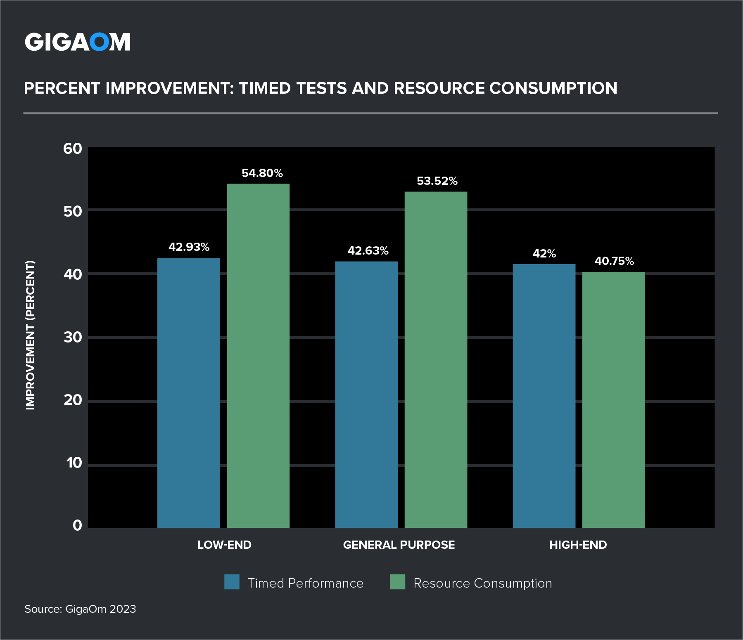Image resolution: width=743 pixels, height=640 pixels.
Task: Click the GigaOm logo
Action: [x=78, y=42]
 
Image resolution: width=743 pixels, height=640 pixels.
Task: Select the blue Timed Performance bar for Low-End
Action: [x=189, y=392]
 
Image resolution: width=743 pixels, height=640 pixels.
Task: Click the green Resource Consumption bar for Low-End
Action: [x=258, y=355]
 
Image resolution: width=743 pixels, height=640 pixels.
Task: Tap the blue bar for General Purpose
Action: [x=366, y=394]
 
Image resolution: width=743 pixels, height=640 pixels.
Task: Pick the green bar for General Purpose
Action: [x=436, y=359]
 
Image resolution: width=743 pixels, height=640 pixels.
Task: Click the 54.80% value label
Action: [x=262, y=173]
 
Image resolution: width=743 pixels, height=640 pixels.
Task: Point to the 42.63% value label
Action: [x=368, y=250]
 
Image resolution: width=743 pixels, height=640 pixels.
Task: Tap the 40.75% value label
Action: [x=614, y=261]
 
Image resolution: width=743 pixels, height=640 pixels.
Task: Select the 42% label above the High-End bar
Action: [x=544, y=253]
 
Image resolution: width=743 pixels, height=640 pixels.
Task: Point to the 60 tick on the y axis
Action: [x=73, y=149]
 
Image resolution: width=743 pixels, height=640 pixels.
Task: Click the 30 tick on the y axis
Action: [x=73, y=337]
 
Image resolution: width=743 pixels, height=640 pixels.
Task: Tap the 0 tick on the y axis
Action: [x=77, y=525]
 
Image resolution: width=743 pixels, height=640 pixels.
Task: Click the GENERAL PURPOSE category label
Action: [x=399, y=545]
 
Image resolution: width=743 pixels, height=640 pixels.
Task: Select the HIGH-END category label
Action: [x=578, y=545]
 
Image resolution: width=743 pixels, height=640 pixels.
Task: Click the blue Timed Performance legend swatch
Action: [x=232, y=582]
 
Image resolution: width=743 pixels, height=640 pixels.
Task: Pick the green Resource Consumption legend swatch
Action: [x=397, y=582]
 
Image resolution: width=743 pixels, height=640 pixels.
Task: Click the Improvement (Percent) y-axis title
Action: [x=31, y=335]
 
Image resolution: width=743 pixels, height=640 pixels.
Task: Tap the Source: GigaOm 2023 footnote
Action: [x=80, y=609]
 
